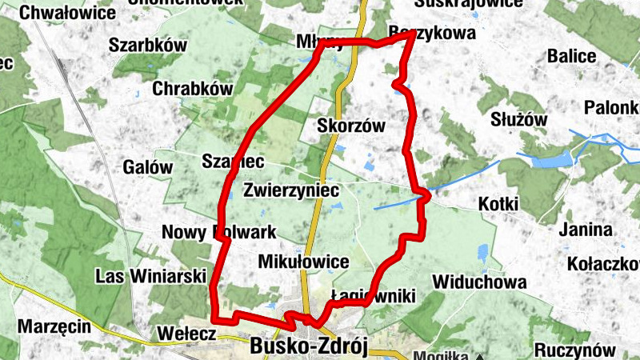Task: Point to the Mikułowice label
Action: pyautogui.click(x=304, y=262)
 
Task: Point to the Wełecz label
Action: pyautogui.click(x=187, y=333)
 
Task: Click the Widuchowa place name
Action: pyautogui.click(x=479, y=282)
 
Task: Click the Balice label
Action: pyautogui.click(x=571, y=56)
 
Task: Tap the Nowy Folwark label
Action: pyautogui.click(x=218, y=232)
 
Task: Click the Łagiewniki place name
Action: pyautogui.click(x=374, y=297)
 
